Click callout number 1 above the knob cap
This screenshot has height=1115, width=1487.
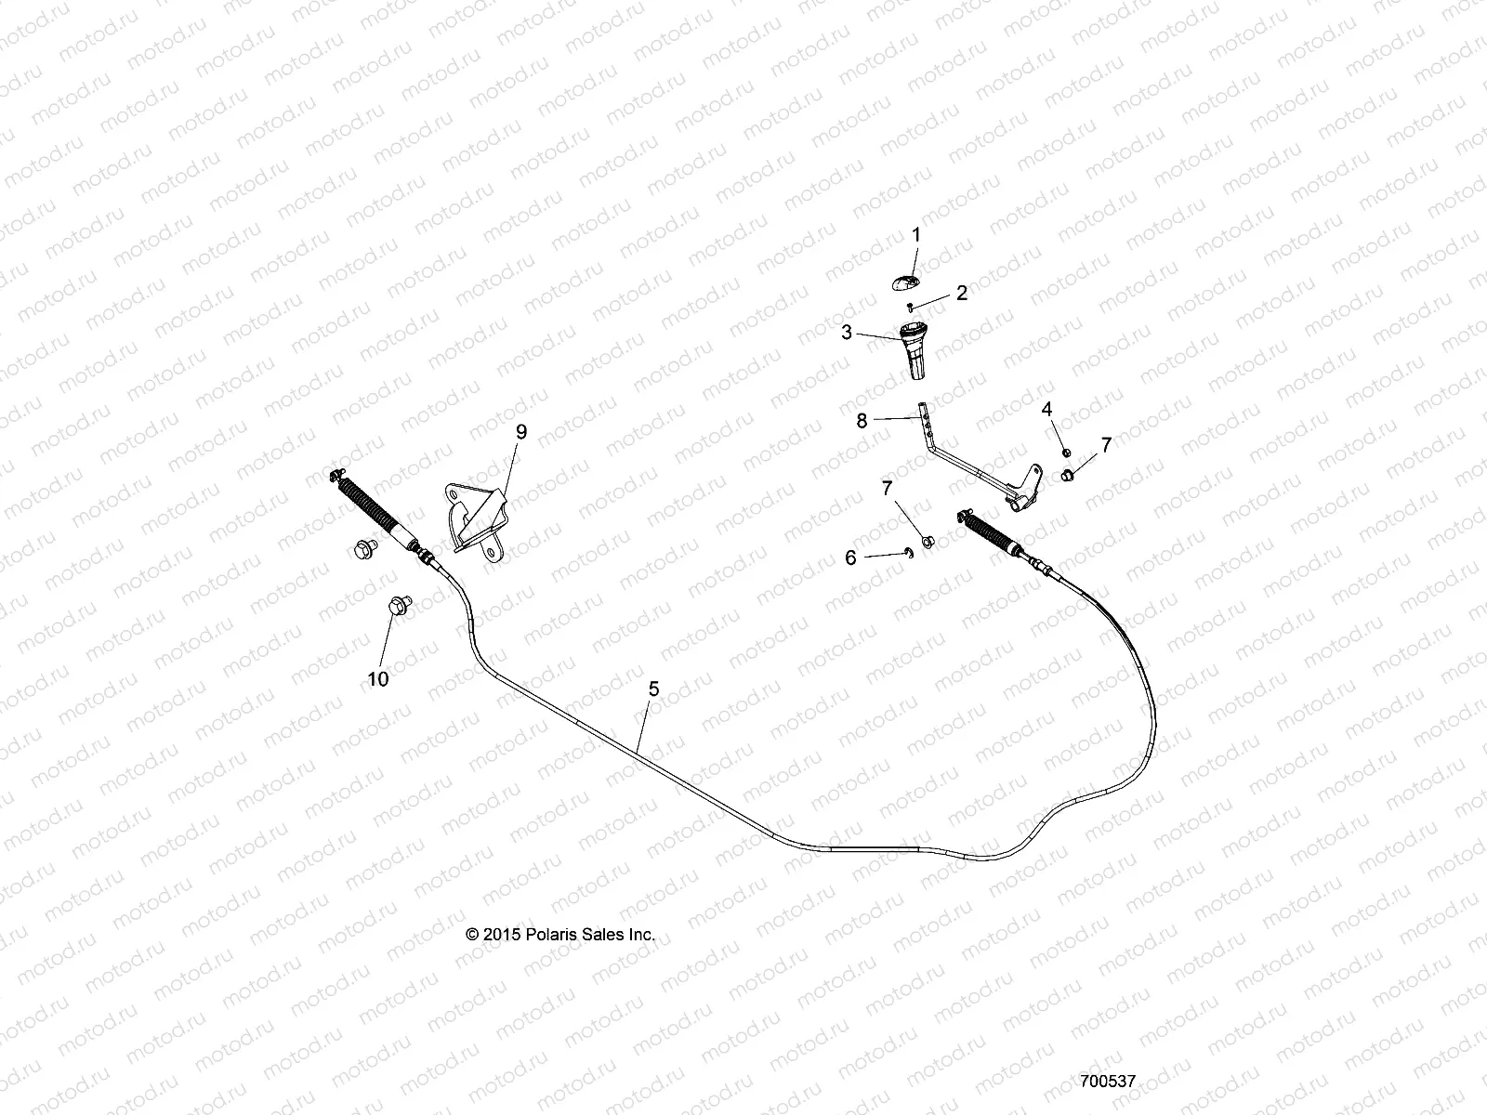click(915, 235)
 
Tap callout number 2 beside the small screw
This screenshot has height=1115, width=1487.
click(962, 294)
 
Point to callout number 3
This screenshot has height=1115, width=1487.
click(847, 332)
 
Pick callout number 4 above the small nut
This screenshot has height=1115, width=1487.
click(1046, 409)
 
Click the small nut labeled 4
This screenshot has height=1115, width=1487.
click(1067, 453)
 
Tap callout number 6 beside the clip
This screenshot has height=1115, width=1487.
click(850, 557)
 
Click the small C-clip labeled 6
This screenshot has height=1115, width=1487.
click(912, 553)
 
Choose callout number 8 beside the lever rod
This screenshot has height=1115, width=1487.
click(862, 421)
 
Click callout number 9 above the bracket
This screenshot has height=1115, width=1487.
click(520, 432)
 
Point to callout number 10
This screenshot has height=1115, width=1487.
click(377, 679)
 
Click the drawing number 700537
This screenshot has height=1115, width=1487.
click(1108, 1082)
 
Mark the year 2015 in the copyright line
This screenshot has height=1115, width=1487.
click(494, 935)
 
